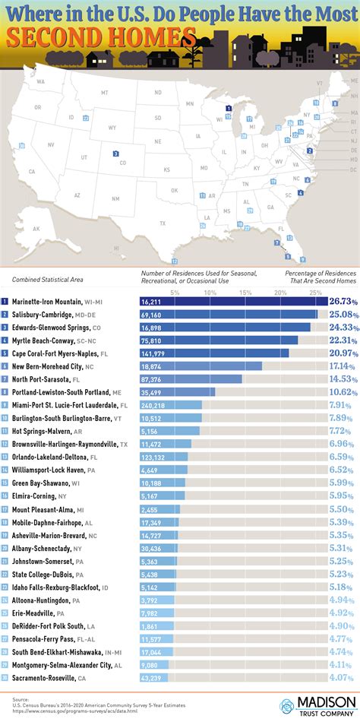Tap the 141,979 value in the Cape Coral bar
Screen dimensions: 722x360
point(153,353)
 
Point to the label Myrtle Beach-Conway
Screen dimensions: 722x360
point(45,340)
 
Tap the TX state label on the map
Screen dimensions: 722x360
point(162,223)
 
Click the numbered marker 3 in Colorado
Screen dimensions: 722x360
point(115,154)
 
